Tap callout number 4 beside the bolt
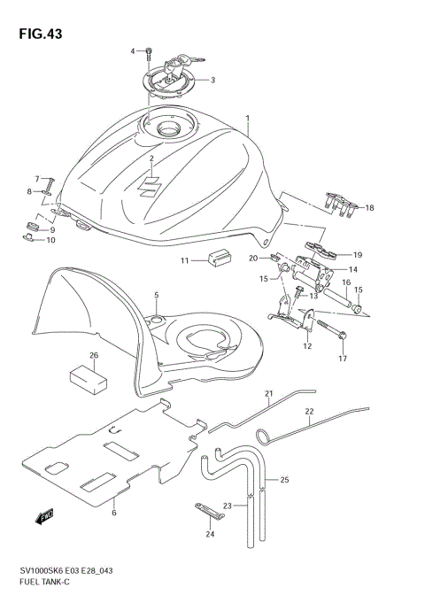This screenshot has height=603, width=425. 133,51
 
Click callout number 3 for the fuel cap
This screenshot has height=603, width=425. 212,80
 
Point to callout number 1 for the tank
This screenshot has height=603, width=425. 248,118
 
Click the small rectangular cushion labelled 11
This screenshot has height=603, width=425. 216,259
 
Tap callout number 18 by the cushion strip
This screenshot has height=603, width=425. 370,208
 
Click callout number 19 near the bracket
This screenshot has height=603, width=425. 359,254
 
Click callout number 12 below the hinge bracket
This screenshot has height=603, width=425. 307,346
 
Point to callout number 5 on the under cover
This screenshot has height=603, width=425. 156,294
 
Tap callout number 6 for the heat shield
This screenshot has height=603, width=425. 114,513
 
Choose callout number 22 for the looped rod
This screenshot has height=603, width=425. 310,412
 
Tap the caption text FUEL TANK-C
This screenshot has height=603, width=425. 44,585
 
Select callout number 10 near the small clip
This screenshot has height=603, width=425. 50,240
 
